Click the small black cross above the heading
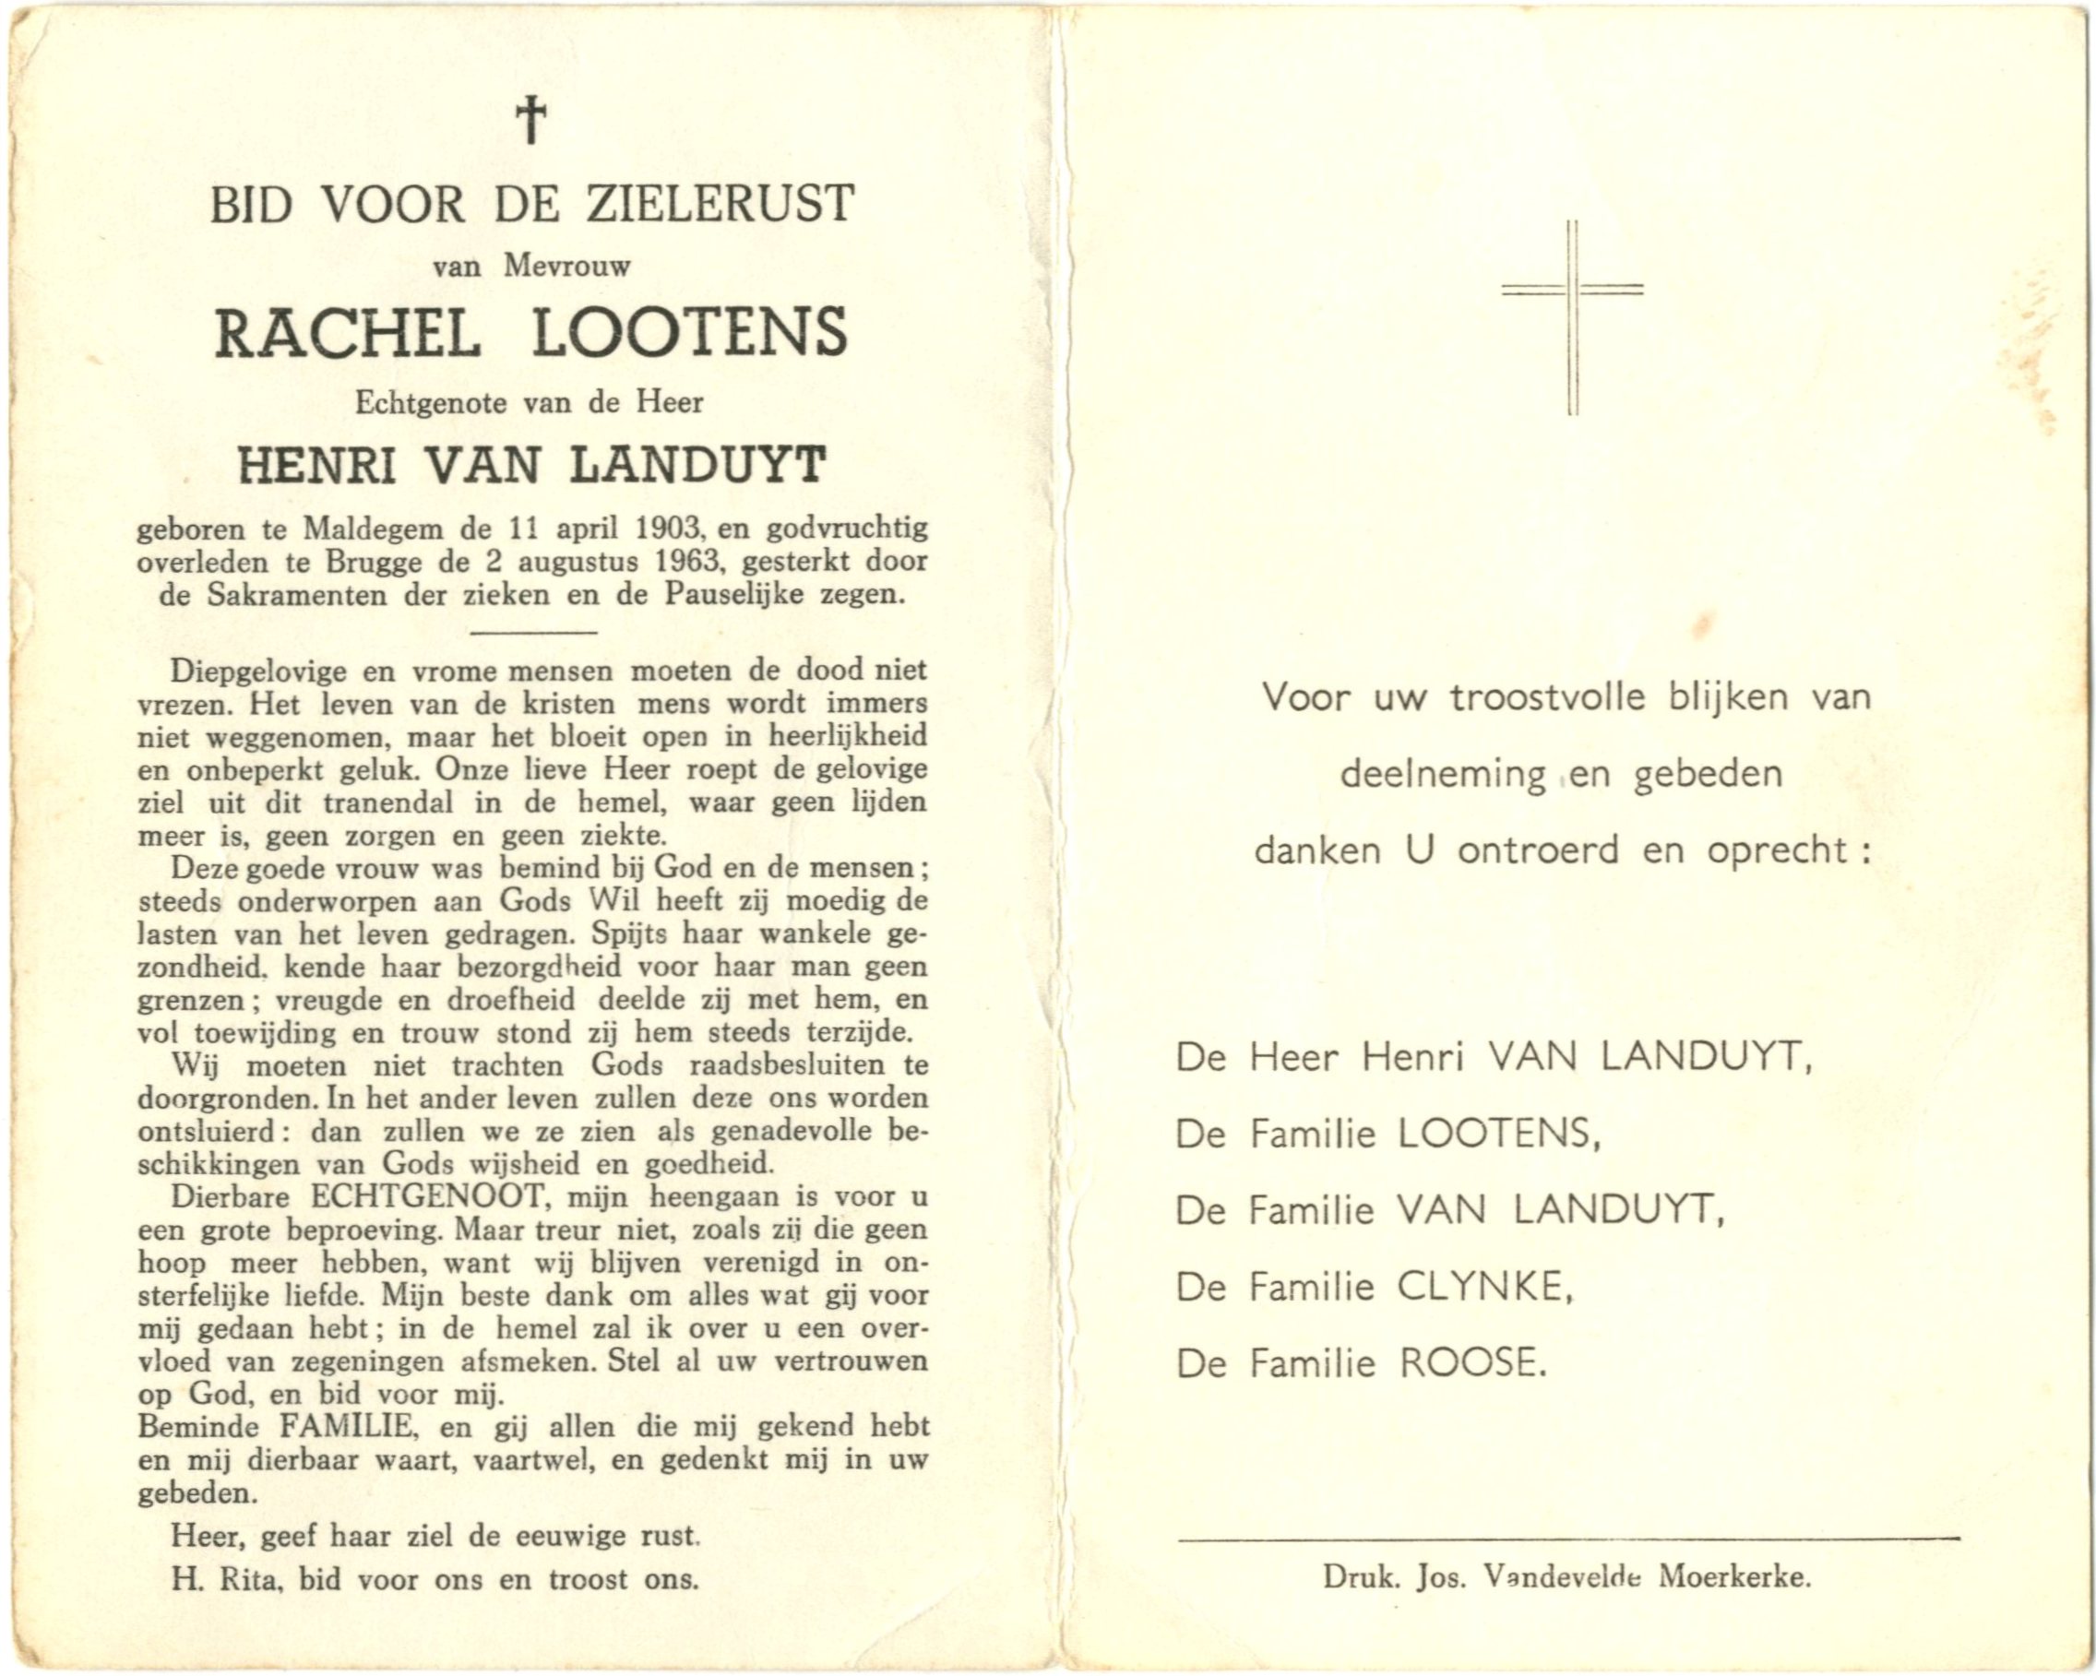530,121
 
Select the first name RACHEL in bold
347,331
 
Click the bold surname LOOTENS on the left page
690,331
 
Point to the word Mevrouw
566,266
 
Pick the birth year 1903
669,529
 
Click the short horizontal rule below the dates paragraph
531,633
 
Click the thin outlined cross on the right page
1572,316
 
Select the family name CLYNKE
1482,1287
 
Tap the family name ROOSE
1471,1364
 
